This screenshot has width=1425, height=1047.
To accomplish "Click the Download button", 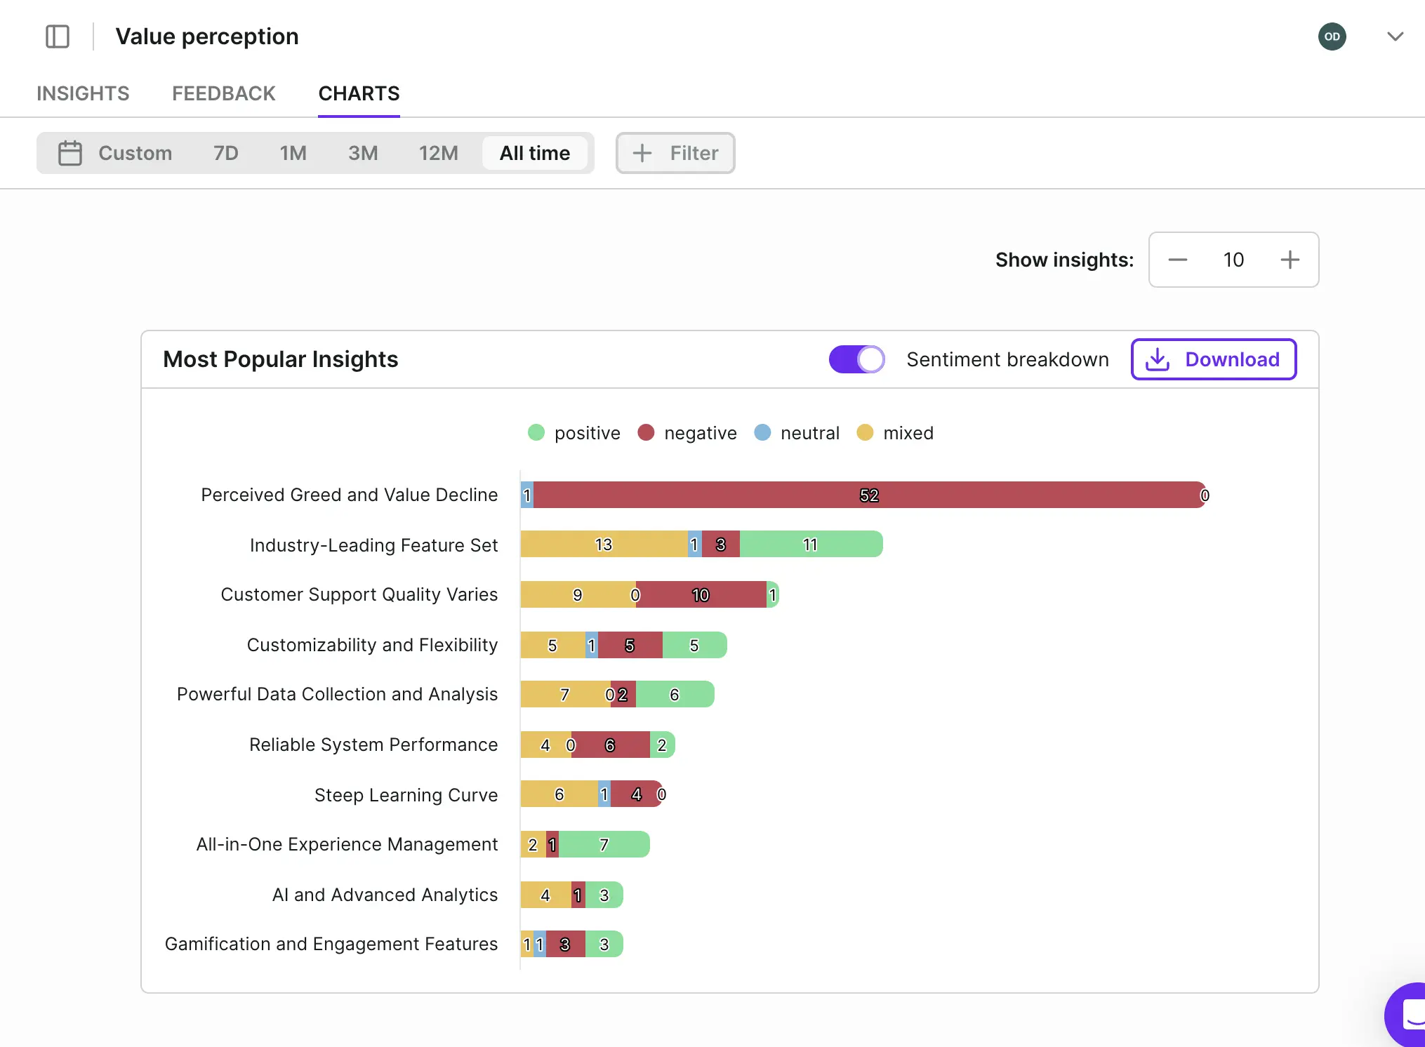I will tap(1213, 359).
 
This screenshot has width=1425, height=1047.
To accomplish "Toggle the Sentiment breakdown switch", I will tap(856, 359).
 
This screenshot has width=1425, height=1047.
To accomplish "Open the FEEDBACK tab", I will tap(223, 93).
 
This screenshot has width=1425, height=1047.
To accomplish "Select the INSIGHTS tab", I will tap(83, 93).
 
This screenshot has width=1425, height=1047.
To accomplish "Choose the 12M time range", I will tap(438, 153).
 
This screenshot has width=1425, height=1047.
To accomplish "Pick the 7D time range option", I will tap(225, 153).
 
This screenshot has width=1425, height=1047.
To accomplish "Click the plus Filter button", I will tap(675, 153).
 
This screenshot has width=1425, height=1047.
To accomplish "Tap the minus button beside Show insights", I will tap(1177, 260).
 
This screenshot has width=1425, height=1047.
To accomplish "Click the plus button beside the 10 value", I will tap(1290, 260).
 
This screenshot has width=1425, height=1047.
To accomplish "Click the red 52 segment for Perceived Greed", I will tap(868, 495).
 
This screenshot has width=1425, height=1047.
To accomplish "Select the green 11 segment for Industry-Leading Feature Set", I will tap(810, 545).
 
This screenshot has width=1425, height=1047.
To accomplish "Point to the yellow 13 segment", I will tap(603, 545).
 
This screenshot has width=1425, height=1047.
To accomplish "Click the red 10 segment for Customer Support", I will tap(700, 595).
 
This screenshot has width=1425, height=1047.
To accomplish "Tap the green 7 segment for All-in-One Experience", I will tap(604, 845).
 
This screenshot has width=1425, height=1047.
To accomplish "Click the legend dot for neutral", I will tap(762, 433).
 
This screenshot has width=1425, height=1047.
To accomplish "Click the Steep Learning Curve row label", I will tap(406, 795).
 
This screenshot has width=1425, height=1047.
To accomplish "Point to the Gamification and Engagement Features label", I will tap(331, 944).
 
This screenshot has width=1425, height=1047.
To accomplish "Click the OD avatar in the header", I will tap(1332, 36).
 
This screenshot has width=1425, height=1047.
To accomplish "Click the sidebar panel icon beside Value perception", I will tap(58, 36).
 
